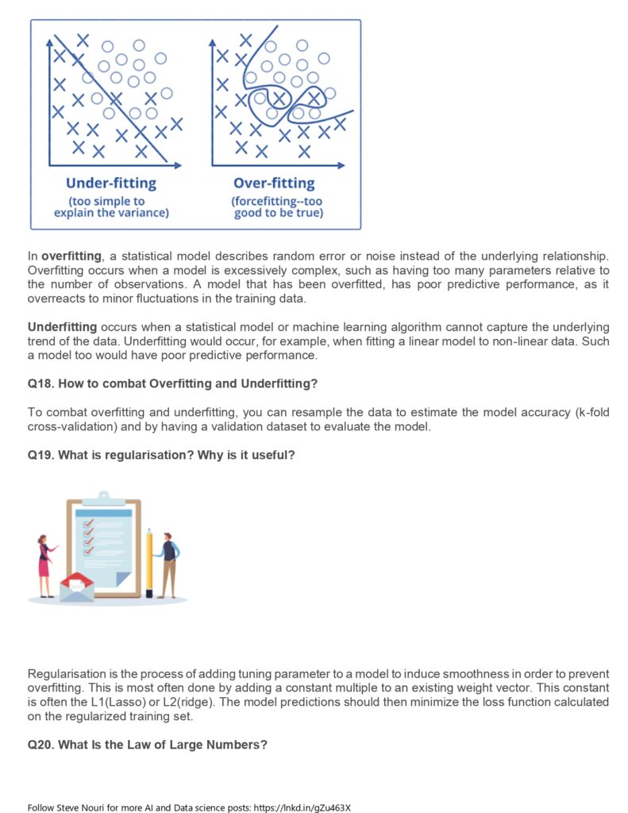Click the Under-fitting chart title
[x=111, y=183]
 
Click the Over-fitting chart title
[x=274, y=183]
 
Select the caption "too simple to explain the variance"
[x=111, y=207]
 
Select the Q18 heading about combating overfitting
[x=172, y=383]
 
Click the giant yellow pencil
[x=149, y=562]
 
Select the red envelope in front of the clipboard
[x=77, y=586]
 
